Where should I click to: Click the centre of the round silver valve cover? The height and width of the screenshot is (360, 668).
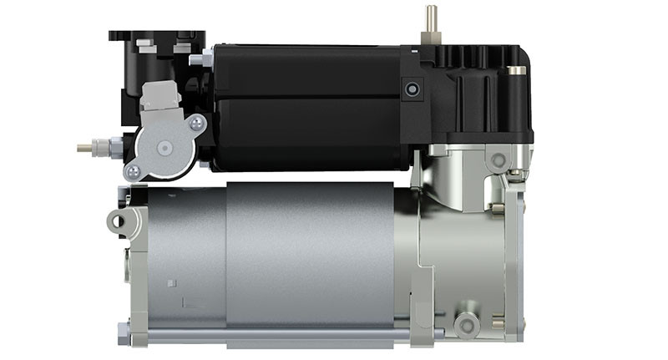[164, 146]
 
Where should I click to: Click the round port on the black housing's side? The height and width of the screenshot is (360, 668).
[410, 89]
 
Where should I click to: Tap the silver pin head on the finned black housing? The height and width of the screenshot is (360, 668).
[518, 71]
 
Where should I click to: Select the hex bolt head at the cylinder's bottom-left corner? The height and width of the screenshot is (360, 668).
[124, 330]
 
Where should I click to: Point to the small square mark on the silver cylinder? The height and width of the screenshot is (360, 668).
[171, 284]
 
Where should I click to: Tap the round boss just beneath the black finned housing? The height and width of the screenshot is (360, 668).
[498, 159]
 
